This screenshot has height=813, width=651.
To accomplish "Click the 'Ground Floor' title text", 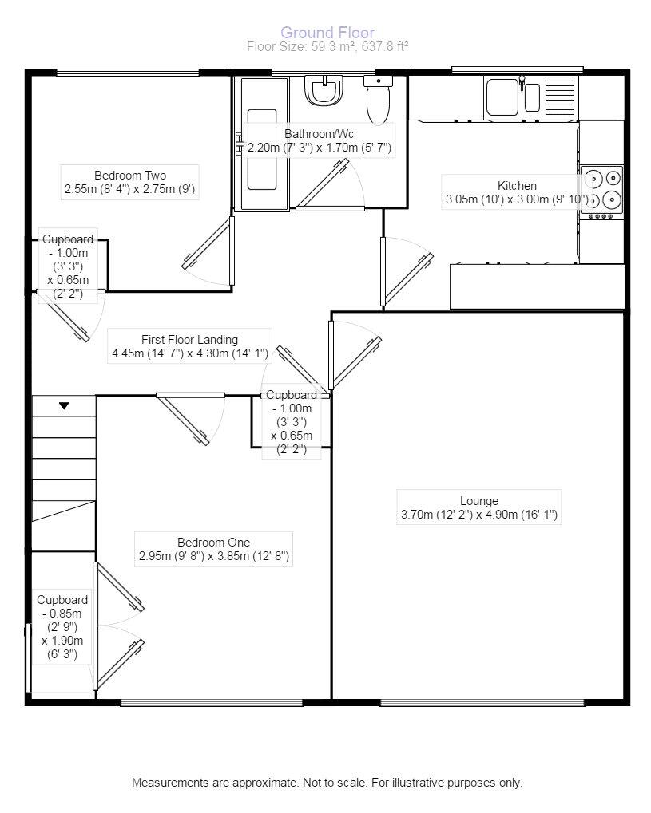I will click(x=327, y=33).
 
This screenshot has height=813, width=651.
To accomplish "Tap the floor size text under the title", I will click(x=327, y=47).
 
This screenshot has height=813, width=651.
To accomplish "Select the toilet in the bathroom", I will click(x=377, y=99).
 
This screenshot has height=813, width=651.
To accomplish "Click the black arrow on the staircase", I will click(x=64, y=406).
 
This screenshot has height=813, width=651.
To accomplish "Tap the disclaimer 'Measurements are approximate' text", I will click(x=327, y=783).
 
